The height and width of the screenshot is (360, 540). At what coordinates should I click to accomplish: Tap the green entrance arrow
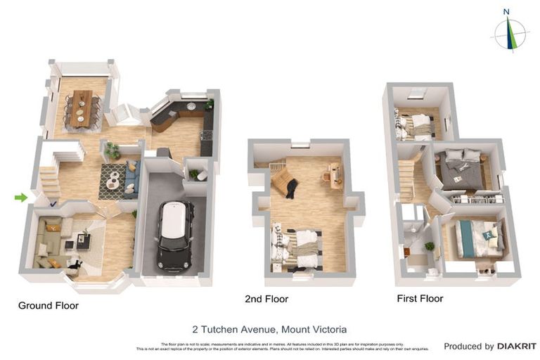[21, 198]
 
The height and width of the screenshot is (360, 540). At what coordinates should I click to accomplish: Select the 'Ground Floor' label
[48, 306]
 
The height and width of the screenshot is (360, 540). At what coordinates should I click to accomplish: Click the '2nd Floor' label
[266, 299]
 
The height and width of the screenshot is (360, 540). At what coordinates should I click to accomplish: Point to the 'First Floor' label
[420, 298]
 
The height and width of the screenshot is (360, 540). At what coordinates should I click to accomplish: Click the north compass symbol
[510, 34]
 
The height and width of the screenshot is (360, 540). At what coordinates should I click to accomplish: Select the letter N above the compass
[506, 11]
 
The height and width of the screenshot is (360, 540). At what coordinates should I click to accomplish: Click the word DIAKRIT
[517, 346]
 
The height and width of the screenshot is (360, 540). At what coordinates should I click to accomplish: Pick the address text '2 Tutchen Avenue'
[234, 329]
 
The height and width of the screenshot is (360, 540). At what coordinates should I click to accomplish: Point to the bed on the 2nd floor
[299, 247]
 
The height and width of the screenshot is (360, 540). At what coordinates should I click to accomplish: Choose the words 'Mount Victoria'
[314, 329]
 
